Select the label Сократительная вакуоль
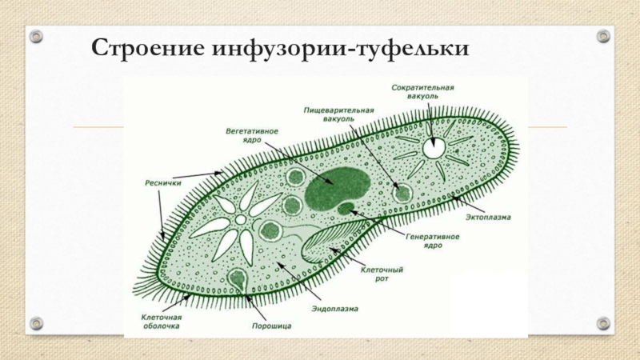[423, 90]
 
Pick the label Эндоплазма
[331, 309]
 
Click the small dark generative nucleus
[346, 209]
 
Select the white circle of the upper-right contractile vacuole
[434, 147]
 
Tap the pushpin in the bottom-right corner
[604, 323]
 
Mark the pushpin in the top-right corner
[604, 36]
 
